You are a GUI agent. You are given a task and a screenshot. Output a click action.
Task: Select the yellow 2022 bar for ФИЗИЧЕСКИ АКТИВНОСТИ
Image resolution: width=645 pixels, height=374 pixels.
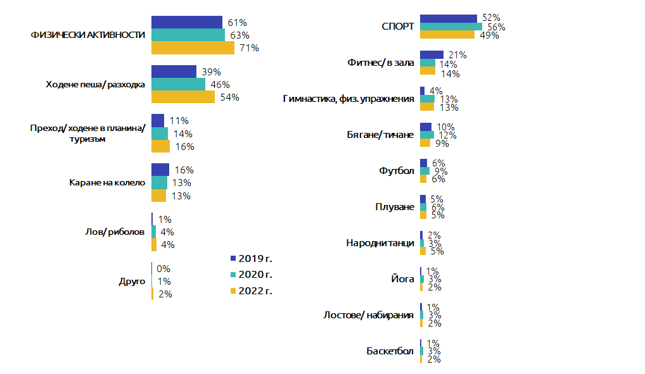(193, 47)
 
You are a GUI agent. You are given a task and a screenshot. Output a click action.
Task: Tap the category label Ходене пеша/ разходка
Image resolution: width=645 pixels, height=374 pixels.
(96, 84)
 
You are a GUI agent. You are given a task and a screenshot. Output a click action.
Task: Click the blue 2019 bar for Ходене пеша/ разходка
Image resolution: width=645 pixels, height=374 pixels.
(174, 72)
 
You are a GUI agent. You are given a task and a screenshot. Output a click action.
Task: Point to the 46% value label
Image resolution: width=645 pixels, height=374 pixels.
(220, 84)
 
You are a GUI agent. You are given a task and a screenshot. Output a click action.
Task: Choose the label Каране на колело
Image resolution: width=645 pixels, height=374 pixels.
(107, 183)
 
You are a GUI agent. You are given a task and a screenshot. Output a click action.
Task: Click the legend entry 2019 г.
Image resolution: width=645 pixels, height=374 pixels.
(255, 258)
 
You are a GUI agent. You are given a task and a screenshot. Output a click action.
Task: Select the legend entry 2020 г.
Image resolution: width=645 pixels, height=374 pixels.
(255, 275)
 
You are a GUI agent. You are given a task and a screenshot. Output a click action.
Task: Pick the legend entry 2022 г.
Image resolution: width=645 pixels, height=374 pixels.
(255, 291)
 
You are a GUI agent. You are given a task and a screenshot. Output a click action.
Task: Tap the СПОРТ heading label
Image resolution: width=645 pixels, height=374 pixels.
(398, 27)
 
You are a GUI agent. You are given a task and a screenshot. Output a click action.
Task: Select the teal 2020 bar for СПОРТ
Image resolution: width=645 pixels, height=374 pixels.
(450, 27)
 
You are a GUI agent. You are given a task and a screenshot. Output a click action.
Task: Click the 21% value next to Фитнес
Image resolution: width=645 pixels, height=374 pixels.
(457, 55)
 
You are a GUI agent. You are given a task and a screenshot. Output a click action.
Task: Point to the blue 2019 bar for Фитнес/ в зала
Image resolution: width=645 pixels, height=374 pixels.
(431, 55)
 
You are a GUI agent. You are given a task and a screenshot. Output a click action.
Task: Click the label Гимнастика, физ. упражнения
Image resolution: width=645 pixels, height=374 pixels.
(348, 99)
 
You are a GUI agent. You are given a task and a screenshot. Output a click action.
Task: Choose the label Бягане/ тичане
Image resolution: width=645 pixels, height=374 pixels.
(380, 135)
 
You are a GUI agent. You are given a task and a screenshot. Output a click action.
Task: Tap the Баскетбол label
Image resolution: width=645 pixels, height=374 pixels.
(390, 351)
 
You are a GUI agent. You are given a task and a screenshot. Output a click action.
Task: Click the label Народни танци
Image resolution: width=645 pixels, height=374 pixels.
(380, 243)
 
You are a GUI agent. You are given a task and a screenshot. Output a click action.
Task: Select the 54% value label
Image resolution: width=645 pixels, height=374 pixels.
(229, 97)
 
